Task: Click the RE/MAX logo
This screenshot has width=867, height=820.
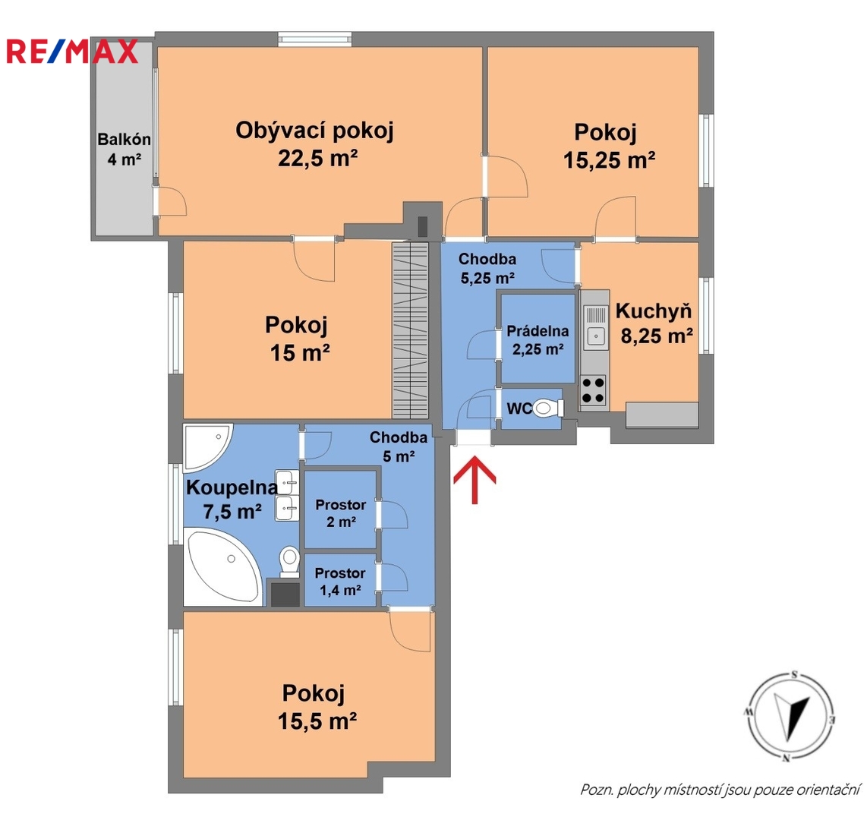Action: [72, 52]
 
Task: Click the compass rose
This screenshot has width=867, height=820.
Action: [790, 717]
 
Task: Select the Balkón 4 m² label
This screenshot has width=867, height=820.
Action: [124, 150]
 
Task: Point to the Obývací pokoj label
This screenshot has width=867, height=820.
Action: [314, 131]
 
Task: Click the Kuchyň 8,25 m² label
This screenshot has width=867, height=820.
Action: [654, 323]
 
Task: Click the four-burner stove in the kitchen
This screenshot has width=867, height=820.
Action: [593, 390]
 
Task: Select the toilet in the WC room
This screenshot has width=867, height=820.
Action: [547, 408]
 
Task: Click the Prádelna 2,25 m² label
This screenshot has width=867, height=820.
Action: [538, 340]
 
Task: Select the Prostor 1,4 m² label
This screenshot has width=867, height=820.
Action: [340, 582]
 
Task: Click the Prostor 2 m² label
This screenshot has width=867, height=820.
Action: [341, 513]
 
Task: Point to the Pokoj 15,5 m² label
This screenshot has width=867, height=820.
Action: [317, 707]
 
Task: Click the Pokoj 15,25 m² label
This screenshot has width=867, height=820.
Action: [608, 146]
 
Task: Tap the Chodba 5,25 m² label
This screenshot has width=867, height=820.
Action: [487, 268]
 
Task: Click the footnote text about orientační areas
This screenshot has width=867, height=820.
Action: [720, 790]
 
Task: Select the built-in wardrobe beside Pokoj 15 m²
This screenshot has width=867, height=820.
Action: [410, 330]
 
